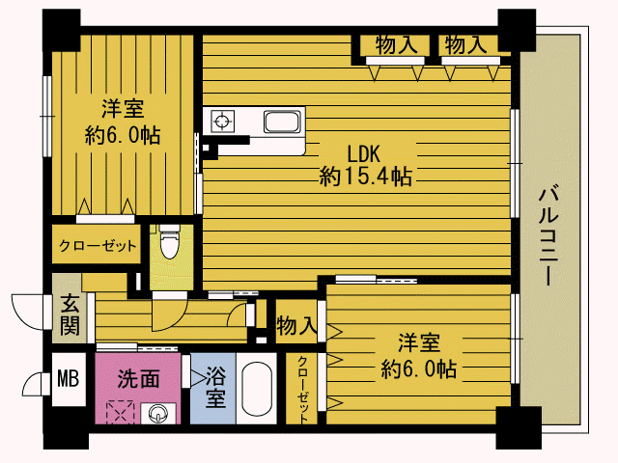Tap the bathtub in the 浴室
[257, 388]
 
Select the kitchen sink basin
[282, 122]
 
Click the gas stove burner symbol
[223, 122]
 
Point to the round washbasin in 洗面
[157, 414]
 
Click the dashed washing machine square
[120, 412]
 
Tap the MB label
[69, 378]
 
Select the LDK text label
[363, 154]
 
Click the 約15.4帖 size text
[365, 176]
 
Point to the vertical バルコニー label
[548, 235]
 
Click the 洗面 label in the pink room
[139, 379]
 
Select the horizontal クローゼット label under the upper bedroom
[98, 246]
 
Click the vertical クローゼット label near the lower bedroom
[302, 389]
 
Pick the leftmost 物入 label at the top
[396, 44]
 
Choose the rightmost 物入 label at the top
[465, 44]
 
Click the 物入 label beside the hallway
[296, 326]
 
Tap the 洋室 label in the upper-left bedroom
[123, 109]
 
